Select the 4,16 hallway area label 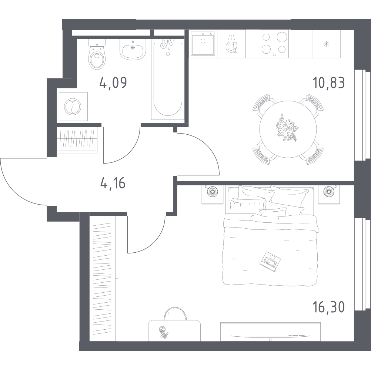click(113, 183)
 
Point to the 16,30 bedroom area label click(328, 307)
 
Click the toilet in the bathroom click(97, 55)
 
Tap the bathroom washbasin click(133, 49)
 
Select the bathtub click(168, 79)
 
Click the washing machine click(73, 107)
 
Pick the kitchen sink click(203, 44)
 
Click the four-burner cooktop click(274, 44)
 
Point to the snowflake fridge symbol click(327, 44)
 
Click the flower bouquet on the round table click(287, 128)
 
